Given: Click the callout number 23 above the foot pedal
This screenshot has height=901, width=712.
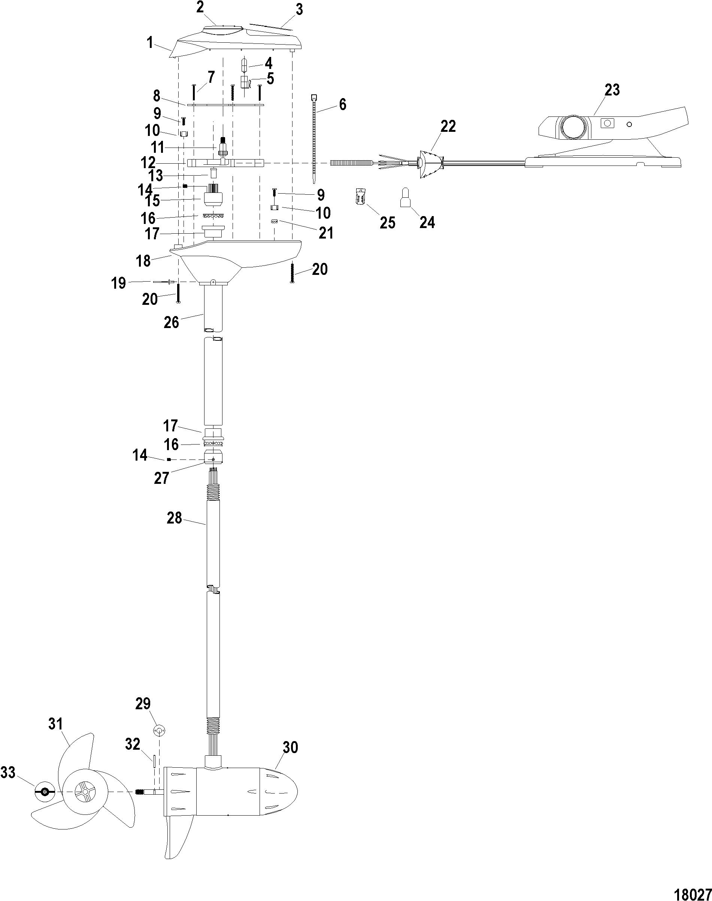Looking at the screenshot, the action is [612, 90].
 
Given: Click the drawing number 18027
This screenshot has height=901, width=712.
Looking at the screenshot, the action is [693, 891].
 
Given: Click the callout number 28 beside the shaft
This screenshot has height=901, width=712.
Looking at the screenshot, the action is [174, 518].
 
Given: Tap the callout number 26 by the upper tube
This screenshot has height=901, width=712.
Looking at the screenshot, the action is [171, 322].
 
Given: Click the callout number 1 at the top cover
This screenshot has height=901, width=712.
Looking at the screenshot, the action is [150, 43].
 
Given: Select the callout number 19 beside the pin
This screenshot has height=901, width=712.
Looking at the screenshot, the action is [119, 283].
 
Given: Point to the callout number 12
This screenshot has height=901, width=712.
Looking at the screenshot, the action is [148, 163].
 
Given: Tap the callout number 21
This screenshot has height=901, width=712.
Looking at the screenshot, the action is [326, 233].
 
